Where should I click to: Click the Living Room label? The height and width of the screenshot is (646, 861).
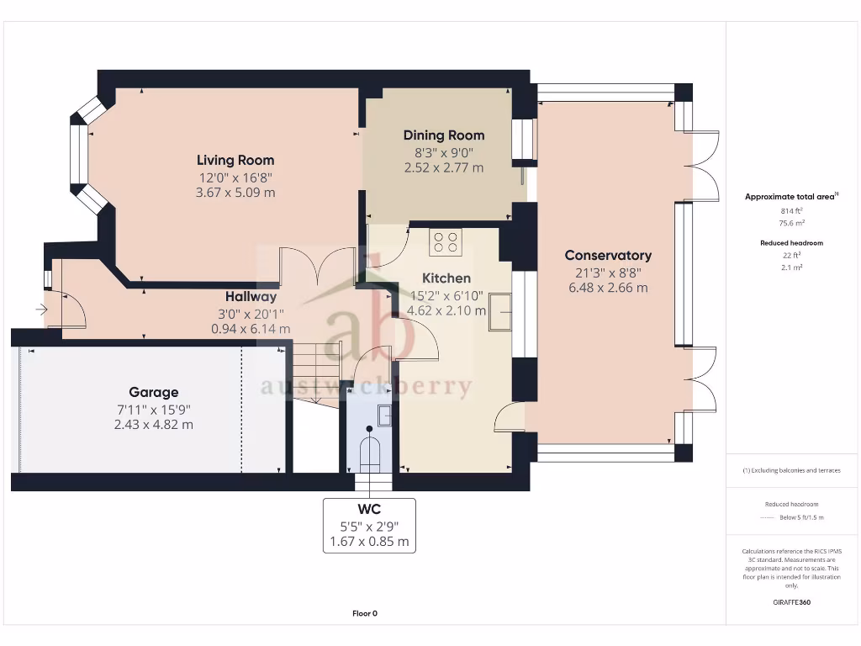pos(235,160)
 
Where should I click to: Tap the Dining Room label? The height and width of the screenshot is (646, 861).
pos(444,135)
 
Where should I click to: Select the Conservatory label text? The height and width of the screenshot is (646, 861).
pos(608,255)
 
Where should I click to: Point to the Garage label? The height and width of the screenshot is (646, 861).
pos(154,392)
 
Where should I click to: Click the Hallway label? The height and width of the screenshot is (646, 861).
pos(251,297)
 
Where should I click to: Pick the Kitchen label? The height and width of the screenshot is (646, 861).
pos(446,278)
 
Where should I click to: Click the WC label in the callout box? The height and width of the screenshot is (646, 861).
pos(369,510)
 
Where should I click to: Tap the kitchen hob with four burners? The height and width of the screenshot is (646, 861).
pos(446,242)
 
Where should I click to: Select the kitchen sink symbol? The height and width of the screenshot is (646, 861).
pos(504,310)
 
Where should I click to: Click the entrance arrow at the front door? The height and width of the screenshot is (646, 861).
pos(41,310)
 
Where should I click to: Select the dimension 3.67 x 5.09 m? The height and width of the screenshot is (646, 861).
pos(235,193)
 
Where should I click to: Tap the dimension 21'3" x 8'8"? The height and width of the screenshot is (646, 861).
pos(608,272)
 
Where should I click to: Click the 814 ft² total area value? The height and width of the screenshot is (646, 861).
pos(789,212)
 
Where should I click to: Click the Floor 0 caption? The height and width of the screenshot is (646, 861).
pos(364,613)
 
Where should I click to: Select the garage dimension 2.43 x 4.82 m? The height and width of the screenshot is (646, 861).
pos(154,425)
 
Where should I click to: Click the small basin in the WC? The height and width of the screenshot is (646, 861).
pos(383,413)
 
